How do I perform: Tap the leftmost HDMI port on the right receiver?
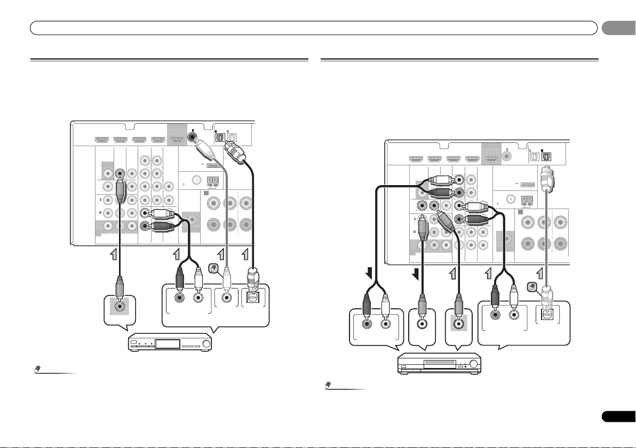click(416, 158)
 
